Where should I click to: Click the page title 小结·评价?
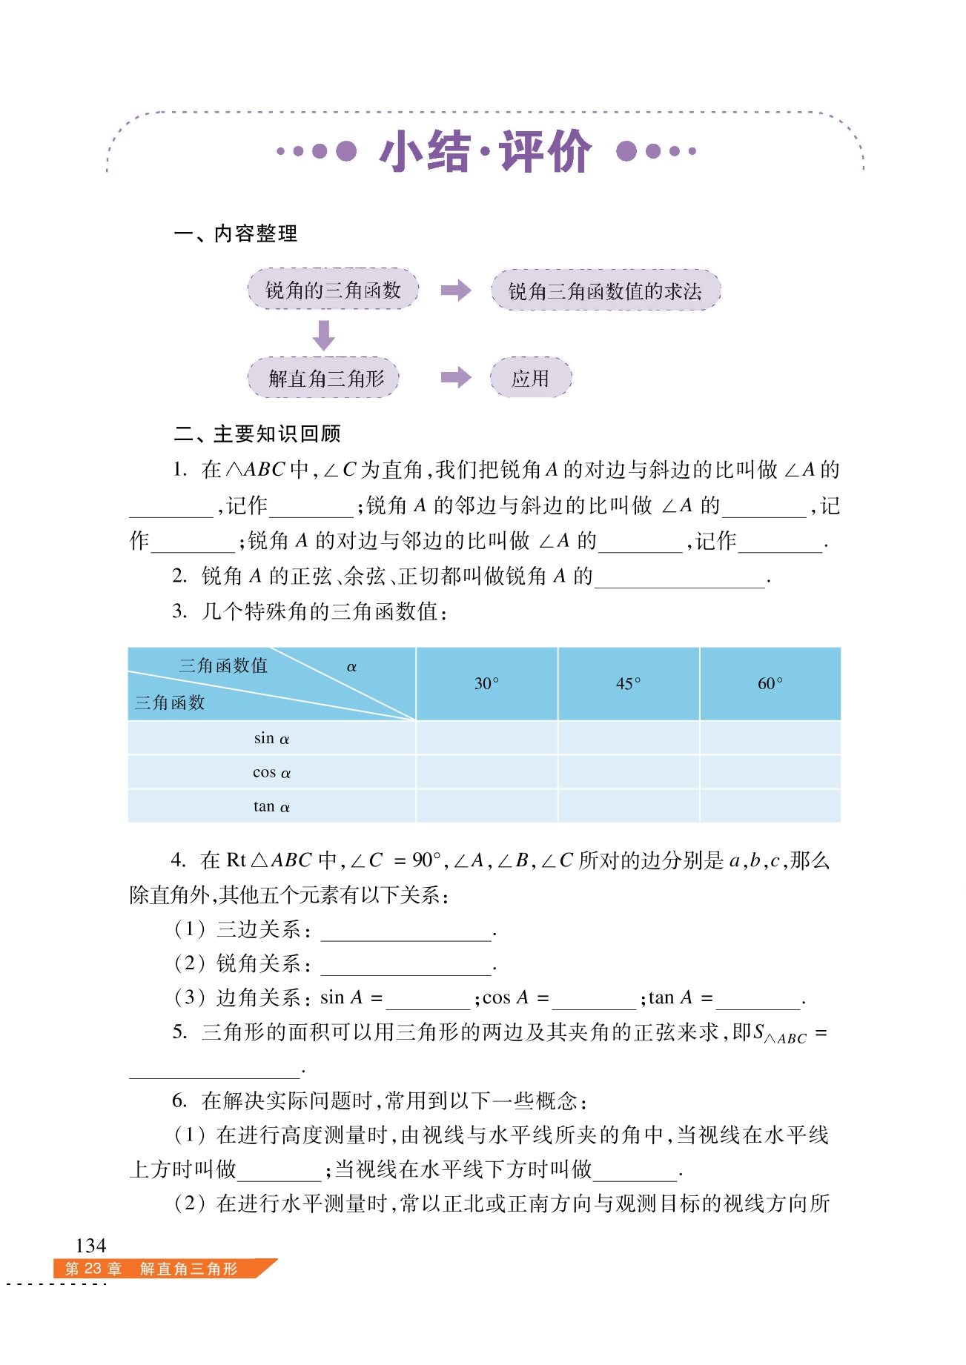point(486,152)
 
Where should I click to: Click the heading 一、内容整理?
point(236,234)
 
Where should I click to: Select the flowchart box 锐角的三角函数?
point(333,290)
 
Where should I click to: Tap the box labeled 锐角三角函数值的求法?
point(605,290)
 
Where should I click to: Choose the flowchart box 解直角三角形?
point(324,378)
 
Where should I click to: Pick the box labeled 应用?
point(530,378)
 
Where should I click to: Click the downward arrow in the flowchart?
point(323,335)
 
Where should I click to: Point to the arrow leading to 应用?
point(455,378)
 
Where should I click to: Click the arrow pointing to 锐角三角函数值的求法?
point(455,290)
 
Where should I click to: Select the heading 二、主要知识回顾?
point(257,434)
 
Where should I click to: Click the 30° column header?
point(486,683)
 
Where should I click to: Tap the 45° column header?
point(628,683)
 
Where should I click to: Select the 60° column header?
point(770,683)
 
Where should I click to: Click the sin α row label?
point(271,738)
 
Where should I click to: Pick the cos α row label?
point(271,772)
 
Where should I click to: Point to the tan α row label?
point(271,806)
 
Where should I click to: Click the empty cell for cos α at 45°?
point(628,772)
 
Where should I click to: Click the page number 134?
point(90,1245)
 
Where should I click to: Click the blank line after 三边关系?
point(406,932)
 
